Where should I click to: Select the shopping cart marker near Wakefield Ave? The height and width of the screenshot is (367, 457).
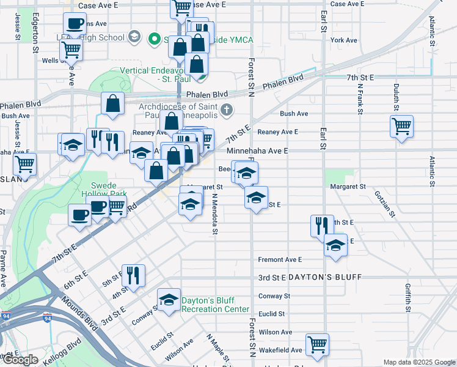point(318,345)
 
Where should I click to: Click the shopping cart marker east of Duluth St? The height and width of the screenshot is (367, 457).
point(401,127)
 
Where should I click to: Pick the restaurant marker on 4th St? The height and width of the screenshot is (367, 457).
point(133,275)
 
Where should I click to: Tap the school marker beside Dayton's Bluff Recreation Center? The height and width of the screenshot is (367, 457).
point(169,300)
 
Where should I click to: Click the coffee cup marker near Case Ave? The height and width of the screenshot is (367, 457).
point(75,24)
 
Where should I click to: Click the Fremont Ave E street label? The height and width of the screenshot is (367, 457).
point(280,259)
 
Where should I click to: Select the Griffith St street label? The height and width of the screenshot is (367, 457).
point(408,297)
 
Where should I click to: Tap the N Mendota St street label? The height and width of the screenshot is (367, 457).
point(215,214)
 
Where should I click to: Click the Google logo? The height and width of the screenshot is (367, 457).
point(20,360)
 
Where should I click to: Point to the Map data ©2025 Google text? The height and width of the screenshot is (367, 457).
point(419,362)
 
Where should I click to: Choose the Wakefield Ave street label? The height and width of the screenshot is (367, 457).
point(280,350)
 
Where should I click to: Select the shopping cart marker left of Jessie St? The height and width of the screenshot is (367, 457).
point(24,164)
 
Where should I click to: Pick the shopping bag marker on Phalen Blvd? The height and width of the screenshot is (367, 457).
point(113,104)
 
